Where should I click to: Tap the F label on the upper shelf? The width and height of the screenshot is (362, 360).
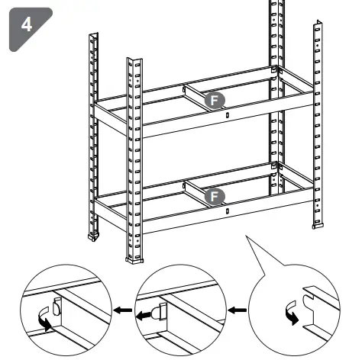click(x=216, y=99)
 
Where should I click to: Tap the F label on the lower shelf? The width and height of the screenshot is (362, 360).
click(x=216, y=196)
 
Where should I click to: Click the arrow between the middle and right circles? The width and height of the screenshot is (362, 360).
click(x=240, y=311)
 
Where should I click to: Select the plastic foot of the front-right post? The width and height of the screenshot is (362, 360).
click(x=318, y=226)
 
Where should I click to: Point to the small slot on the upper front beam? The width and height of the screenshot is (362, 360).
click(x=228, y=114)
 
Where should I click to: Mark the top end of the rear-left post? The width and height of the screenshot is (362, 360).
click(x=94, y=35)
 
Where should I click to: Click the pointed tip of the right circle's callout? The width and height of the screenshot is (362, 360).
click(x=247, y=236)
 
